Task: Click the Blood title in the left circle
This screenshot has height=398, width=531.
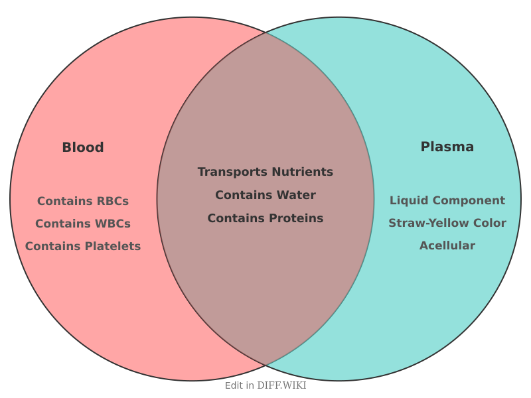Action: pyautogui.click(x=83, y=147)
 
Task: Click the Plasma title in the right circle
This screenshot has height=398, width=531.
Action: pyautogui.click(x=447, y=147)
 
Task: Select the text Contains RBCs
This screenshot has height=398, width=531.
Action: pyautogui.click(x=83, y=201)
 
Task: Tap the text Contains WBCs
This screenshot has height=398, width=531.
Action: pyautogui.click(x=83, y=224)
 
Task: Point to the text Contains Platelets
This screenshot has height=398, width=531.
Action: pyautogui.click(x=83, y=246)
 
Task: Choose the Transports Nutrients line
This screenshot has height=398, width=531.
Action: pyautogui.click(x=265, y=172)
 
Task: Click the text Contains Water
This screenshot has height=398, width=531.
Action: pyautogui.click(x=265, y=195)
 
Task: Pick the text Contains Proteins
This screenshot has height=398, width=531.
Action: pyautogui.click(x=265, y=218)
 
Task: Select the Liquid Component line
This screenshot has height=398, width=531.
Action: pyautogui.click(x=447, y=200)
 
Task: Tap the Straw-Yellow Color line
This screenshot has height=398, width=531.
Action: pyautogui.click(x=447, y=223)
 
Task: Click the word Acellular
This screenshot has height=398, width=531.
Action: pyautogui.click(x=447, y=245)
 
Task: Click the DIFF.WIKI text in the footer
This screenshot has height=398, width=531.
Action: pyautogui.click(x=281, y=385)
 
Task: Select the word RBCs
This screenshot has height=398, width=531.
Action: pyautogui.click(x=112, y=201)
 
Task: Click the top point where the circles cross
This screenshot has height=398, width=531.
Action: pyautogui.click(x=265, y=32)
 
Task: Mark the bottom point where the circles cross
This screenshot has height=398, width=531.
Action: pyautogui.click(x=265, y=365)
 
